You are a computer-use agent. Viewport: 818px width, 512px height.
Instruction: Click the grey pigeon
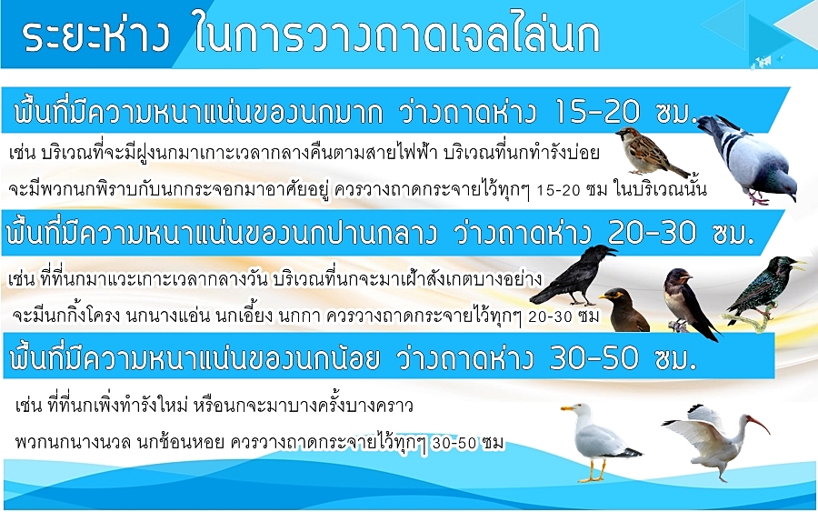[x=749, y=159]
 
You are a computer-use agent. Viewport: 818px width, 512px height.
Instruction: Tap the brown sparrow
[x=650, y=151]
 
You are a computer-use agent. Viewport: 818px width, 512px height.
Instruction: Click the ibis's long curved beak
[x=760, y=424]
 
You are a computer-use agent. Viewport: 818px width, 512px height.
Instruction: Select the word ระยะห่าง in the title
[x=96, y=36]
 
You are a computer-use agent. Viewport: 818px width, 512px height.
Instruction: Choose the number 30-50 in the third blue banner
[x=594, y=358]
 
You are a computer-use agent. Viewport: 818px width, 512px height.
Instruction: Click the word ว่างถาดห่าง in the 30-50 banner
[x=464, y=358]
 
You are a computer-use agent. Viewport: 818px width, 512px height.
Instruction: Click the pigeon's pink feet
[x=757, y=198]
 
